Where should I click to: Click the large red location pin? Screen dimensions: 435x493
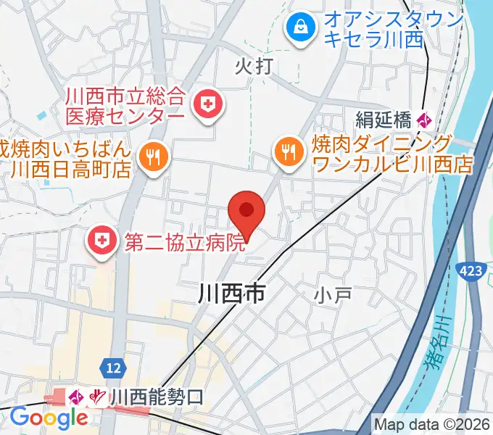[246, 212]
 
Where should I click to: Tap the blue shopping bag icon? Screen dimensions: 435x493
[299, 29]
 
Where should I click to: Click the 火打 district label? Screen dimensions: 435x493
[254, 67]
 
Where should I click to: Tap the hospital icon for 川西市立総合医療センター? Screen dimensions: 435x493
[208, 105]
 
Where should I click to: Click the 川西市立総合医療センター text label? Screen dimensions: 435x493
[126, 105]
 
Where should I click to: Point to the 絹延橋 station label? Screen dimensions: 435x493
[384, 117]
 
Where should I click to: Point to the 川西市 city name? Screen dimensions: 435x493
[231, 293]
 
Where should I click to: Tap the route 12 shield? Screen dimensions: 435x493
[112, 368]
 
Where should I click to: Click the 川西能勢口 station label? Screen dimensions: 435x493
[157, 397]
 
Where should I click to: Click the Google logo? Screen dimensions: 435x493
[49, 418]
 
